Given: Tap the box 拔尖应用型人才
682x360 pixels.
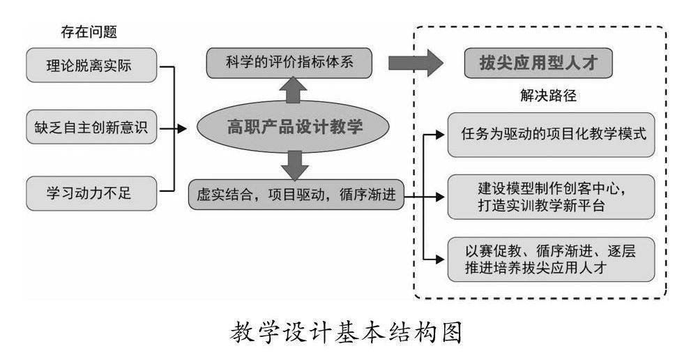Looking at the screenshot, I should (540, 63).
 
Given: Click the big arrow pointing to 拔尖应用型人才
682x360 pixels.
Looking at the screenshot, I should (416, 63).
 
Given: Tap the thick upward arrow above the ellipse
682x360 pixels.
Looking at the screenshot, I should (293, 91).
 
